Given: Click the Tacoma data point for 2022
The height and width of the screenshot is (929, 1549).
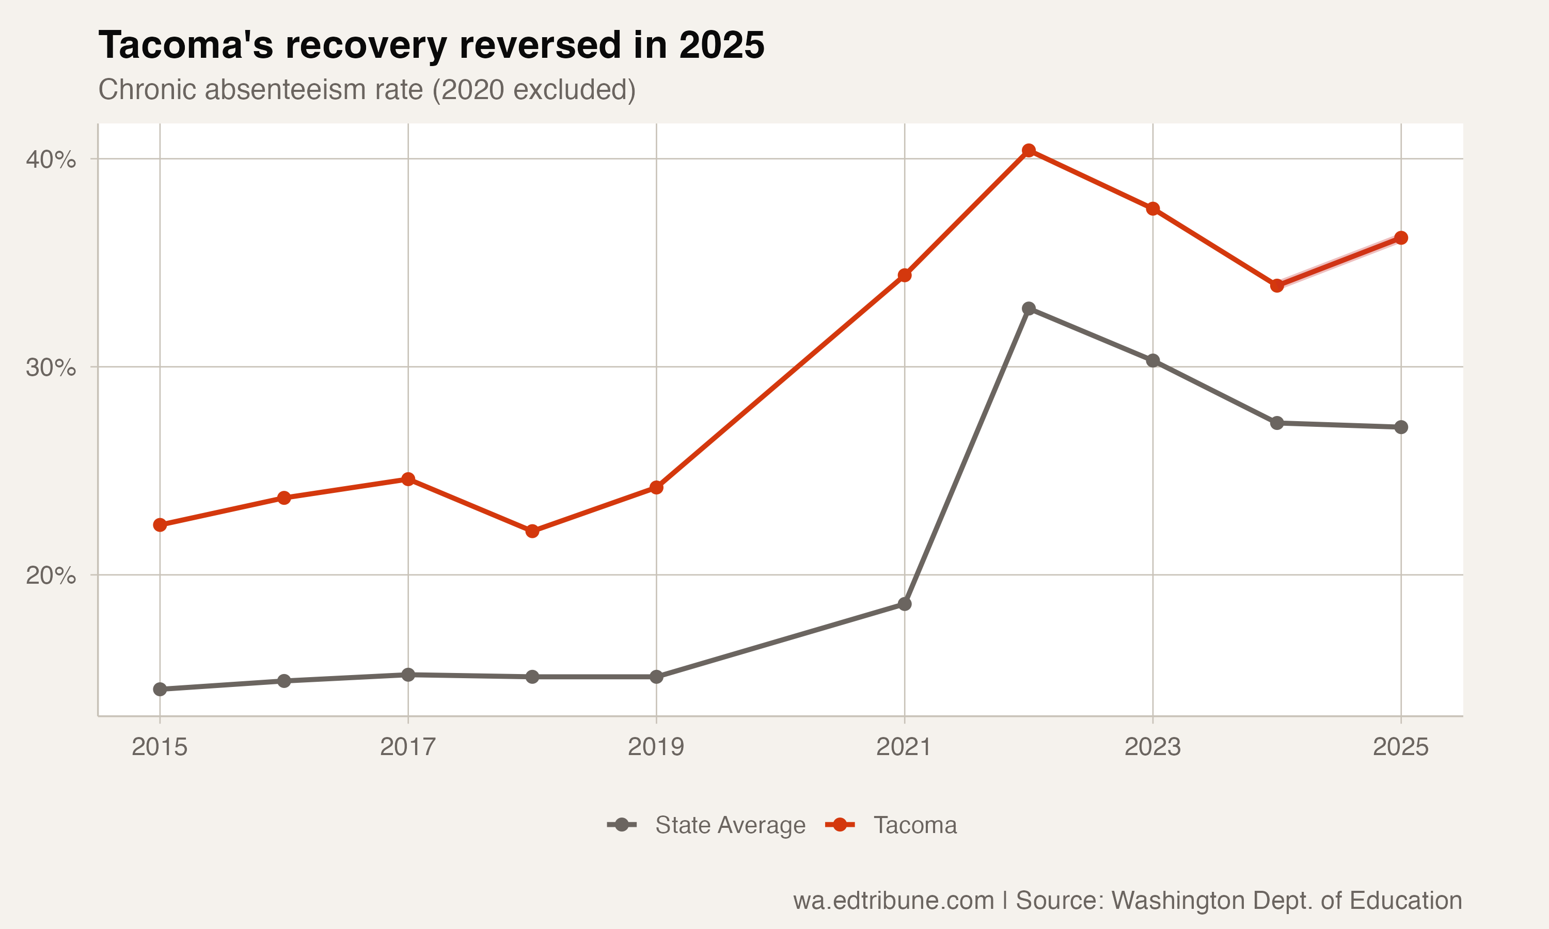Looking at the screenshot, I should (1029, 150).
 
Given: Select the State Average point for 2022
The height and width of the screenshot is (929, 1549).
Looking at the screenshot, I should (1029, 309).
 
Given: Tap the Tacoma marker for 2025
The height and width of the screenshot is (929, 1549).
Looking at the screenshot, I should (1401, 238).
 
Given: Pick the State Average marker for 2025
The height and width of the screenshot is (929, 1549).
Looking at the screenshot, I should (1401, 427).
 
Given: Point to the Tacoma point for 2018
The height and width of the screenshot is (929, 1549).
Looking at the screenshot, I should (532, 531).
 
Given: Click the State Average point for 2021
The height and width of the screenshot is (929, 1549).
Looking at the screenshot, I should (905, 604).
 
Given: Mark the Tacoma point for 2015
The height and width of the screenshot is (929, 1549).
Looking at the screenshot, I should (160, 524).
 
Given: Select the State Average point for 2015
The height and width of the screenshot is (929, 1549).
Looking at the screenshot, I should (160, 689).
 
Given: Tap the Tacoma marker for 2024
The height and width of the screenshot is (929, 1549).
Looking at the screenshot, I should (1277, 285).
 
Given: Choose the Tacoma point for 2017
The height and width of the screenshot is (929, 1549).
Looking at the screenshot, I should (408, 479).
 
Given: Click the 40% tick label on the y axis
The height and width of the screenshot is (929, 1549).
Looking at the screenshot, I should (51, 159).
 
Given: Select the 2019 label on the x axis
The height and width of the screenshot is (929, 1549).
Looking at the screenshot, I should (656, 747).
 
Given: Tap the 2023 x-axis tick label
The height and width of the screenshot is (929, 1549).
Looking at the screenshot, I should (1152, 747).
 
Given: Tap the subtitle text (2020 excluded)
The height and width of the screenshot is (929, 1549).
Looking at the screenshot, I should (534, 89).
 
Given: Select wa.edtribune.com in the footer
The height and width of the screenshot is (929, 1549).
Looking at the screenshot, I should (893, 900).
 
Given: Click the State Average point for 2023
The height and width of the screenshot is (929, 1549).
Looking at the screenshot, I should (1152, 361).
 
